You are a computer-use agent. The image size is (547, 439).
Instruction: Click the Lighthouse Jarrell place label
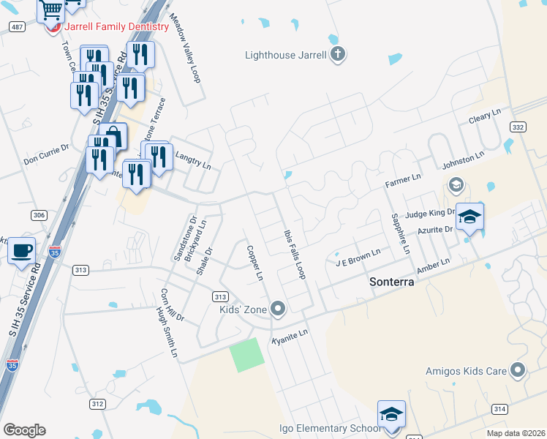click(285, 54)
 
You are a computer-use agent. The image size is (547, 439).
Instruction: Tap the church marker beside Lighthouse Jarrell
click(337, 53)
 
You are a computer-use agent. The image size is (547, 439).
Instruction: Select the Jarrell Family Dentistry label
click(116, 27)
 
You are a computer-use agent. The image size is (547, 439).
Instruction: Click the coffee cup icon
click(21, 251)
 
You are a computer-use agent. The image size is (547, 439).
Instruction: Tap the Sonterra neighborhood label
click(397, 281)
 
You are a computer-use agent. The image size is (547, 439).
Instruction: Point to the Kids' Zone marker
click(277, 308)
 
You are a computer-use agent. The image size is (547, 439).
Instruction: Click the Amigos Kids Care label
click(466, 371)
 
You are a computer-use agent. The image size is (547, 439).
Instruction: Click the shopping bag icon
click(113, 137)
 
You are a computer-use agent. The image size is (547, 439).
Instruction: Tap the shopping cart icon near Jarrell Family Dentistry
click(52, 11)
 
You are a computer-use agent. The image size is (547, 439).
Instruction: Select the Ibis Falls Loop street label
click(293, 252)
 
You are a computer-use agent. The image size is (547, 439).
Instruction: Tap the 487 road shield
click(18, 26)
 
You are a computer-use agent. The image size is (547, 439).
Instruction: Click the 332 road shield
click(518, 127)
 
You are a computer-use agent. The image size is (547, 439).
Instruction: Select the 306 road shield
click(39, 214)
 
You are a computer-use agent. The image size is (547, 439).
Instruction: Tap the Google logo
click(24, 430)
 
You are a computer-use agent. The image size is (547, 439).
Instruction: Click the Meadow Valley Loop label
click(184, 47)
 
